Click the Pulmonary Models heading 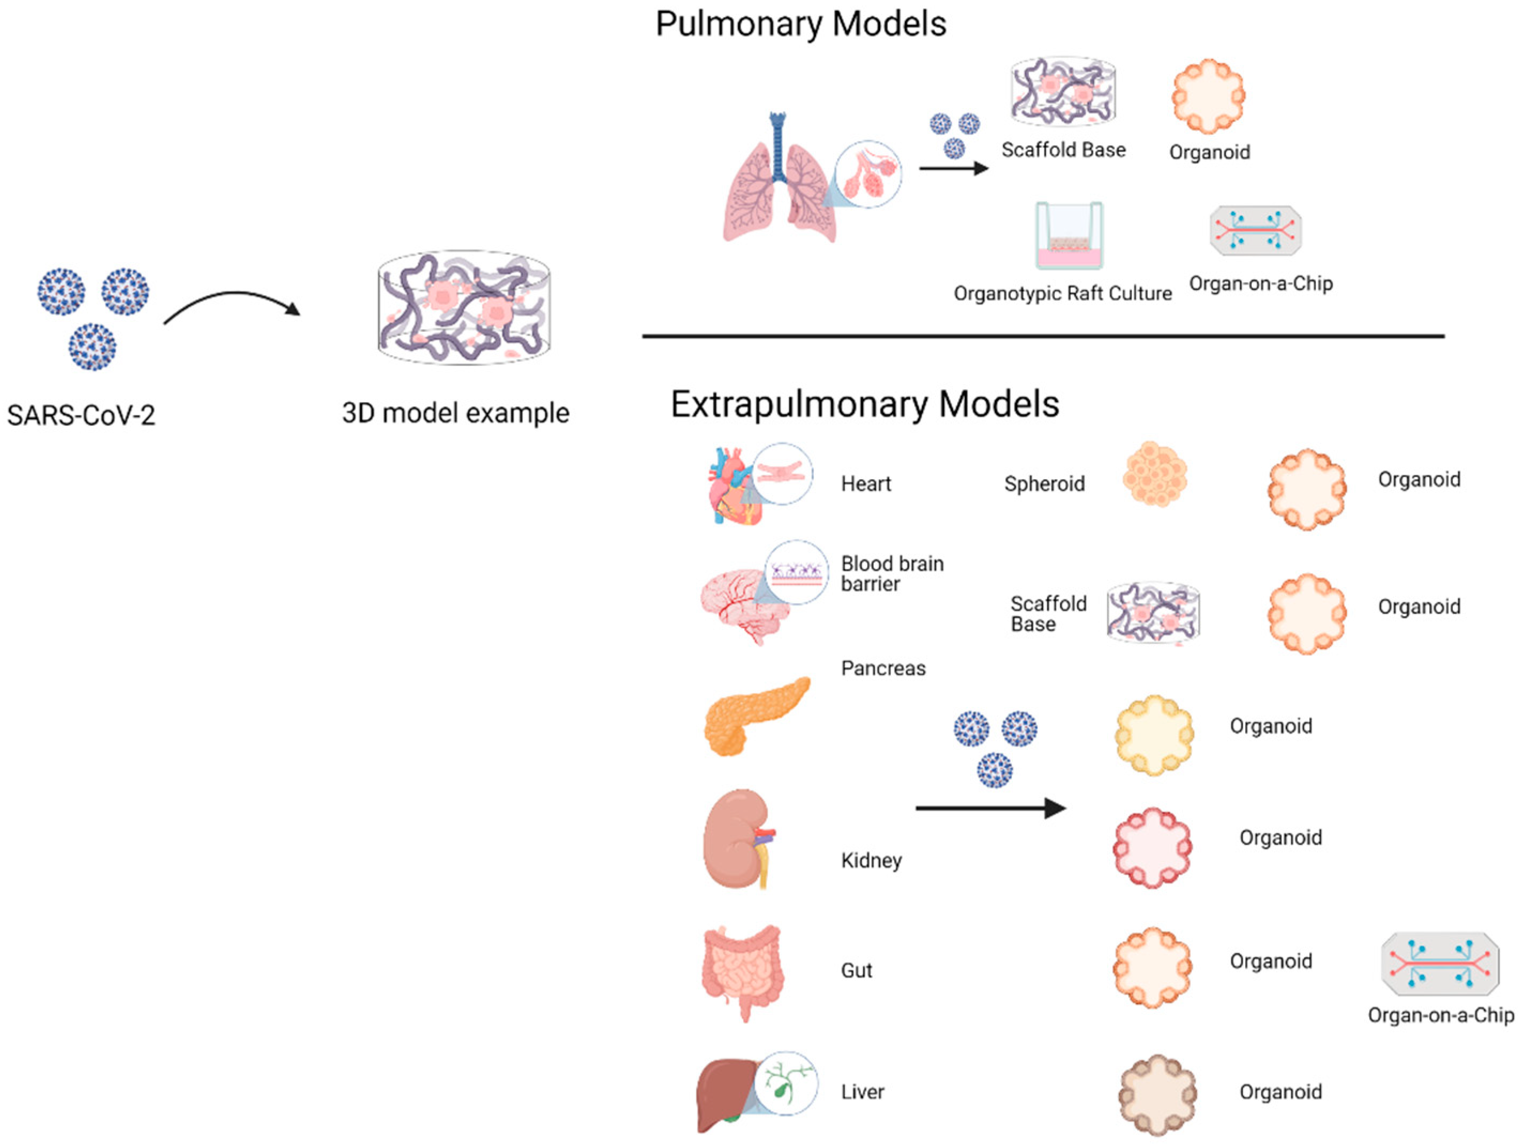(x=800, y=24)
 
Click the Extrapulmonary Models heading (x=865, y=404)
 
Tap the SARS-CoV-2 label (x=81, y=415)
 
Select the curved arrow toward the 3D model (x=232, y=303)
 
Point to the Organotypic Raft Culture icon (x=1069, y=236)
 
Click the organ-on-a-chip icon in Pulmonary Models (x=1255, y=230)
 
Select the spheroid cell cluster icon (x=1155, y=475)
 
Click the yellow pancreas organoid (x=1154, y=735)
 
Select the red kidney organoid (x=1152, y=847)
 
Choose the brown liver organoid (x=1157, y=1094)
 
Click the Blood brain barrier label (x=891, y=573)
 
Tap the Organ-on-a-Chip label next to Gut (x=1440, y=1015)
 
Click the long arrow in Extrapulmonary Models (x=990, y=808)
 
